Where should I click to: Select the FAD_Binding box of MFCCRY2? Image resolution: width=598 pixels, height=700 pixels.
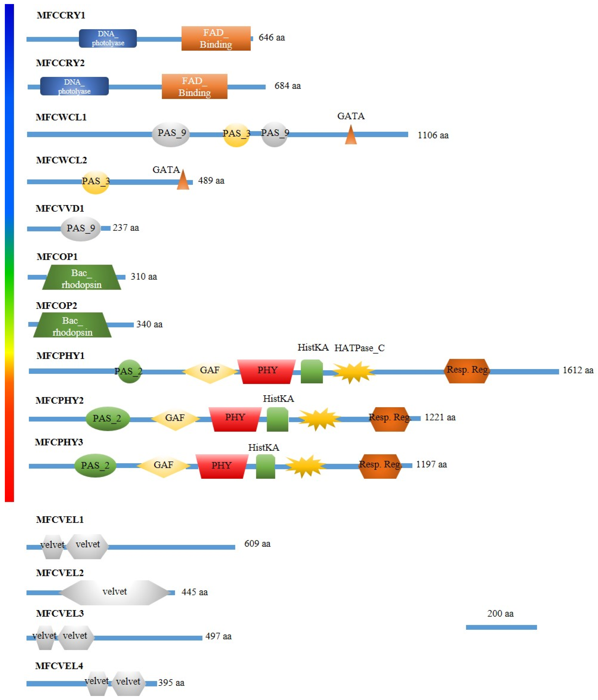pyautogui.click(x=194, y=87)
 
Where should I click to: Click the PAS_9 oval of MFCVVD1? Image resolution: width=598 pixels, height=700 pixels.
pyautogui.click(x=81, y=229)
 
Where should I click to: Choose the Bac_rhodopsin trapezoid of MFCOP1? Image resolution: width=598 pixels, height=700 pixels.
pyautogui.click(x=82, y=277)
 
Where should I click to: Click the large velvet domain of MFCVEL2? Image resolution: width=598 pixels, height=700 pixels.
pyautogui.click(x=115, y=593)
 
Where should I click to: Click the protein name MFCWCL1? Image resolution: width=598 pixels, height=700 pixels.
pyautogui.click(x=61, y=117)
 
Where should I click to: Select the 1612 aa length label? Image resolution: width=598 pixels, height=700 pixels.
pyautogui.click(x=578, y=370)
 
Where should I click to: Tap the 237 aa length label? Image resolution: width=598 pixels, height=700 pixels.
pyautogui.click(x=126, y=228)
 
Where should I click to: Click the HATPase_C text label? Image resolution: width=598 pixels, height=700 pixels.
pyautogui.click(x=359, y=348)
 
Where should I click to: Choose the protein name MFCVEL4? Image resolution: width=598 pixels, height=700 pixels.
pyautogui.click(x=59, y=666)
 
